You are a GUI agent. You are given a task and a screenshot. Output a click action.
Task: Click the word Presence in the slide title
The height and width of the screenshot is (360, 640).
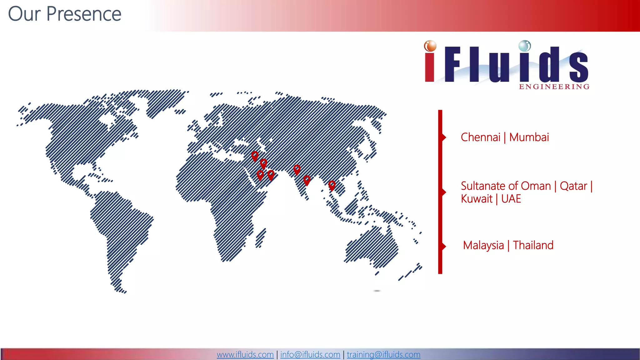coord(84,14)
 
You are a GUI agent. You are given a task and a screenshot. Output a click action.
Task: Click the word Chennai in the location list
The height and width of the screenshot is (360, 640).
coord(480,137)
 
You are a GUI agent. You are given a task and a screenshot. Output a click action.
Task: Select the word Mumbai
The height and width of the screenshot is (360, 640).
coord(529,137)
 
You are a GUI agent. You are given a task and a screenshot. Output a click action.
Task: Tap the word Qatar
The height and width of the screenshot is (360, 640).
coord(573,186)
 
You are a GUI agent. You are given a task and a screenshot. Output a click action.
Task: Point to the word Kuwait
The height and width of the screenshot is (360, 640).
coord(477,199)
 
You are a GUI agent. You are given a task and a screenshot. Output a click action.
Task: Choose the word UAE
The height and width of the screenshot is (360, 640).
coord(511,199)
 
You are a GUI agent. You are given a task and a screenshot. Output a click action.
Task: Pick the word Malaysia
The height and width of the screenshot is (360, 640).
coord(483,245)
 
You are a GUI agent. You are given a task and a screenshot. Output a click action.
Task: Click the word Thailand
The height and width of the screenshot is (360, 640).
coord(533,245)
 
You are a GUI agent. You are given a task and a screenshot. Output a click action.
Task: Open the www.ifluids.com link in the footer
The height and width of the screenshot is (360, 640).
coord(245,354)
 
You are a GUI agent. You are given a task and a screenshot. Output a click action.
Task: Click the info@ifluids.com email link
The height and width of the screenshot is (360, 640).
coord(310,354)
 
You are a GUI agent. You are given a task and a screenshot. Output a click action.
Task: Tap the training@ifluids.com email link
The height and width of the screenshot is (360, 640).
coord(383,354)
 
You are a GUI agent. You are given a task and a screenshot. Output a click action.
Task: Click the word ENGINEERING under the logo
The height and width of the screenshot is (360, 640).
coord(554,87)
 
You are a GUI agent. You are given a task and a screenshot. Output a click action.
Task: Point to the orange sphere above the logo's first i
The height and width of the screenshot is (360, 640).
coord(430,46)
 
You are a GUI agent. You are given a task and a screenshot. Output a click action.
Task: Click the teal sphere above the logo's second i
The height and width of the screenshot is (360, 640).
coord(525,46)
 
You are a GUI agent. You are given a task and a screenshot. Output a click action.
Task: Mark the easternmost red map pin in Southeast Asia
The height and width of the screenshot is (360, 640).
coord(332,185)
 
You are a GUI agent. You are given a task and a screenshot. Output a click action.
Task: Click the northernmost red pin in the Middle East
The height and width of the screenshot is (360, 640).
coord(255,155)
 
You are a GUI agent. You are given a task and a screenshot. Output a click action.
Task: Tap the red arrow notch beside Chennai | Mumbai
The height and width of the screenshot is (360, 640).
coord(444,137)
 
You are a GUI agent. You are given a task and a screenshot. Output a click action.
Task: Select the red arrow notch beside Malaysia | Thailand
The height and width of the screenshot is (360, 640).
coord(444,246)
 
